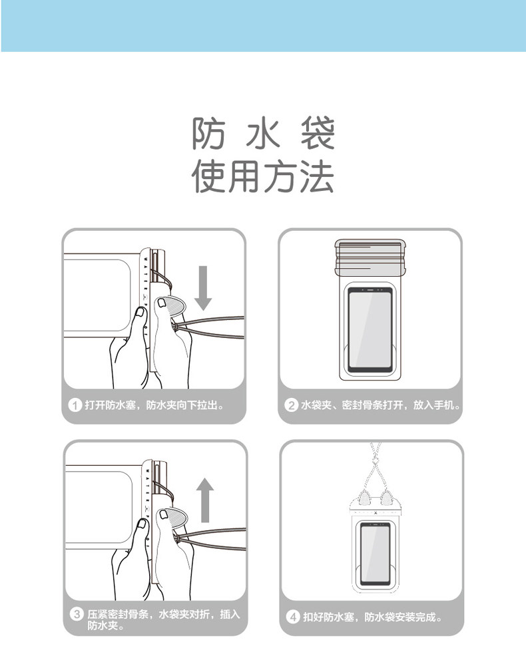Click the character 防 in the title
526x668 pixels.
[x=209, y=133]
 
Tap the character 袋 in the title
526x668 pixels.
[x=318, y=133]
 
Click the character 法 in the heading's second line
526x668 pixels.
[x=316, y=176]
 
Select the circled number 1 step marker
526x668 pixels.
[x=75, y=405]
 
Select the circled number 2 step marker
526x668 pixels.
[x=291, y=405]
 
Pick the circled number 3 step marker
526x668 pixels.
[x=77, y=614]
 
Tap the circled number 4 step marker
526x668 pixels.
[x=293, y=617]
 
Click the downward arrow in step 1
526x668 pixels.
[x=203, y=288]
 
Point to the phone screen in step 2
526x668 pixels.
[x=370, y=330]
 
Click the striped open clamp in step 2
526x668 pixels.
[x=370, y=257]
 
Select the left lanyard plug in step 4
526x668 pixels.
[x=364, y=498]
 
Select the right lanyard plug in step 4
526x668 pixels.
[x=387, y=498]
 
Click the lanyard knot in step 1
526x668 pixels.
[x=174, y=327]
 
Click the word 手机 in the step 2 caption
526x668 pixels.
[x=443, y=405]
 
